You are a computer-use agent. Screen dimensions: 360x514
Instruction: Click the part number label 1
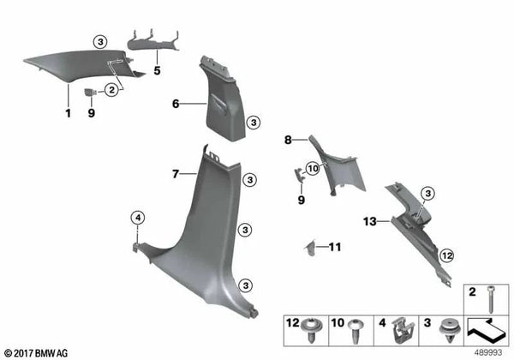pos(66,113)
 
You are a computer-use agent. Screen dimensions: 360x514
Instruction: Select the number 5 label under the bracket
pos(157,70)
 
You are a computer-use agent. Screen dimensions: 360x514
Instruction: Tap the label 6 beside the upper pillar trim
pos(176,104)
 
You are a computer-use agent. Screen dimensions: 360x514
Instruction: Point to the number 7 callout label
pos(175,174)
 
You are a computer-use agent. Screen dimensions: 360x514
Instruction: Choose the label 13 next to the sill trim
pos(368,221)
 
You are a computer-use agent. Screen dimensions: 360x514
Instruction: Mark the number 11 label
pos(335,248)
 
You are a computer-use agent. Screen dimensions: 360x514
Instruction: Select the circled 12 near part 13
pos(445,255)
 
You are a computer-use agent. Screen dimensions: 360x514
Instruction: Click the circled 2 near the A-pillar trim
pos(111,91)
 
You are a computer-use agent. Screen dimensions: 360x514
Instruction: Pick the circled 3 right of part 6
pos(253,124)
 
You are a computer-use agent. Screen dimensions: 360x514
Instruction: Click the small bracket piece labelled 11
pos(312,248)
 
